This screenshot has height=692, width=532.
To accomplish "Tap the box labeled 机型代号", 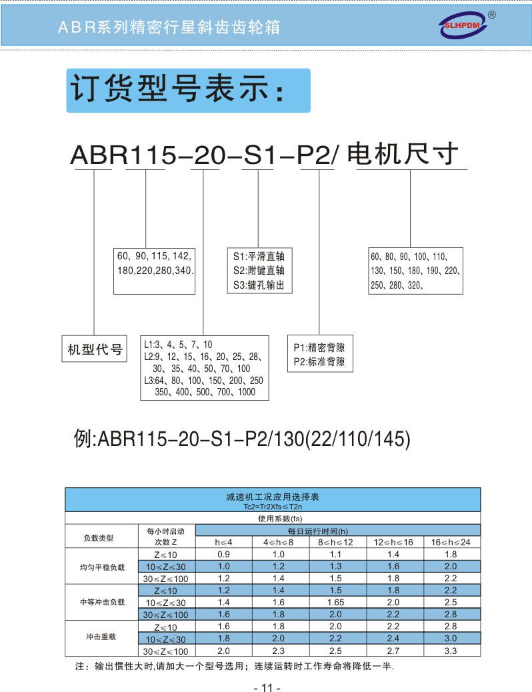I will [x=95, y=349].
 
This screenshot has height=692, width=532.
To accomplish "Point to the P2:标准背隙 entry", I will [x=319, y=362].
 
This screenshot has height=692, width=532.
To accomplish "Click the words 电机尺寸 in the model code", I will [x=404, y=154].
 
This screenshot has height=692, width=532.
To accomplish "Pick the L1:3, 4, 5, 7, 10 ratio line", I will [x=178, y=345].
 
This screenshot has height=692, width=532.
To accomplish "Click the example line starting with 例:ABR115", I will [x=241, y=439].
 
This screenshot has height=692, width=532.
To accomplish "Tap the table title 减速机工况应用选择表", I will [x=273, y=497].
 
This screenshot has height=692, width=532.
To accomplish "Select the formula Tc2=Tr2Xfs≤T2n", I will [x=273, y=507].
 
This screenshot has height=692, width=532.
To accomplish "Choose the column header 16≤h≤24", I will [x=451, y=542].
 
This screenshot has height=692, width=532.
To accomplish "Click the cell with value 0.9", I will [x=223, y=554].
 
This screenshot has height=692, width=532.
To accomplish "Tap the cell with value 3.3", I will [x=451, y=651].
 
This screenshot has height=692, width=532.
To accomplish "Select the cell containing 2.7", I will [x=393, y=651].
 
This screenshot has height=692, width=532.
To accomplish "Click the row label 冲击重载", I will [x=98, y=638].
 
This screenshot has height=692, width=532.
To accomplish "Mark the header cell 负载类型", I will [x=98, y=537].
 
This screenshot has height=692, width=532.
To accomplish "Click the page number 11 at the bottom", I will [x=267, y=688].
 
